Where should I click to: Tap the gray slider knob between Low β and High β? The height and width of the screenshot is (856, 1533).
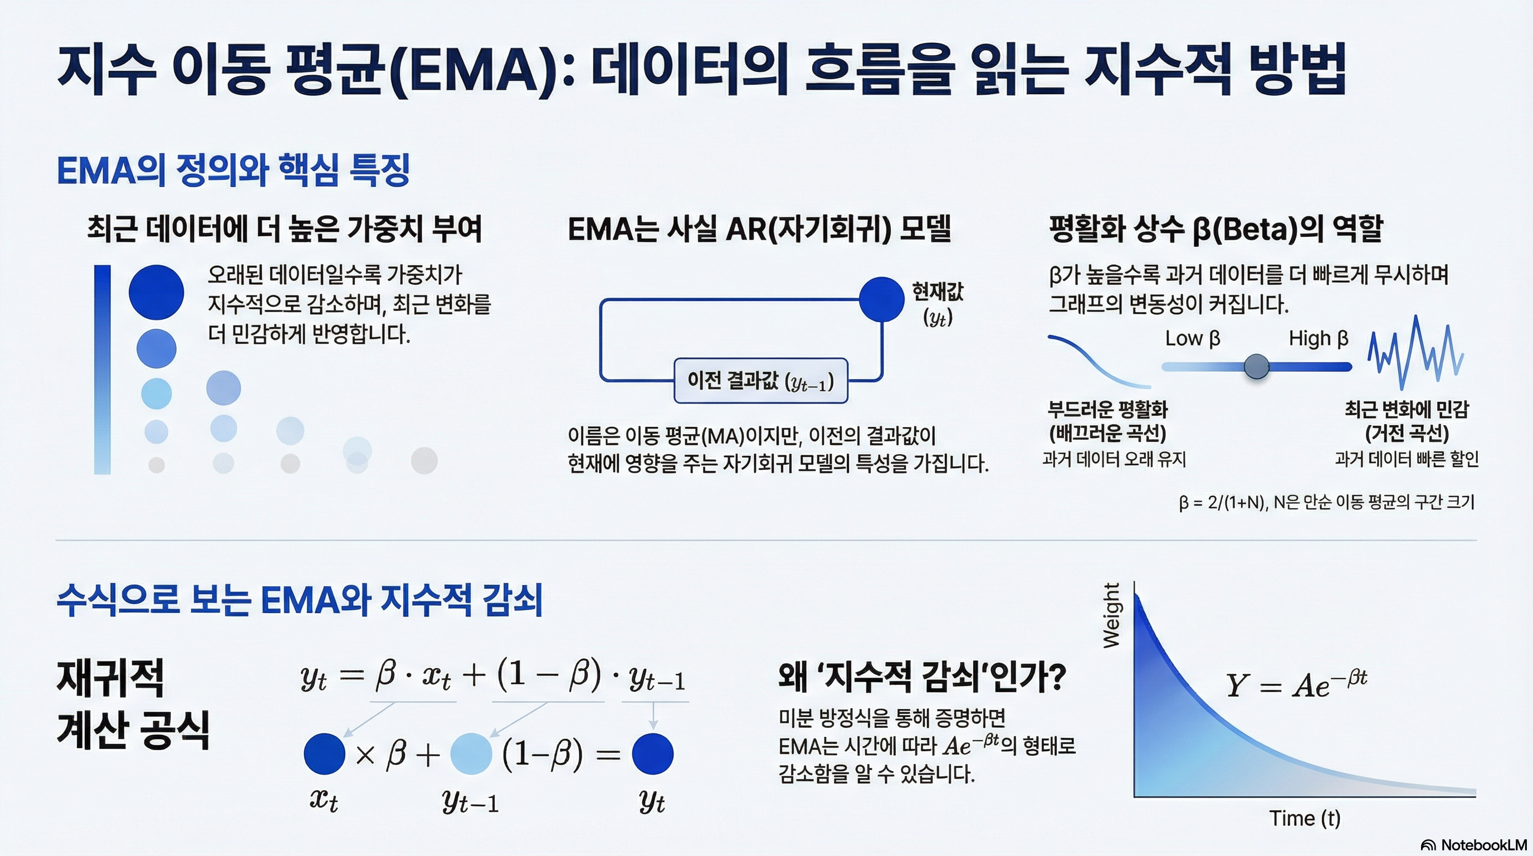(x=1256, y=366)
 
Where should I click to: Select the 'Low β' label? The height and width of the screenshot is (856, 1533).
(x=1193, y=338)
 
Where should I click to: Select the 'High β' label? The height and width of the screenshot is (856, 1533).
(x=1318, y=338)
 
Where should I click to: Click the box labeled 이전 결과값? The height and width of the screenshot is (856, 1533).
(x=760, y=381)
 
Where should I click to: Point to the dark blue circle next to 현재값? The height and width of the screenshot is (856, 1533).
(x=881, y=299)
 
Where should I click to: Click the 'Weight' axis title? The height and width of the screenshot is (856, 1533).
(x=1111, y=615)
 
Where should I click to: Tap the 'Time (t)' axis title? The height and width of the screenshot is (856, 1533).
(x=1305, y=818)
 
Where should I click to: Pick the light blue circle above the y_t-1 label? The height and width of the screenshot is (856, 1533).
(x=471, y=753)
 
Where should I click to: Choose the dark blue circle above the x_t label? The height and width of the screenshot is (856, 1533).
(x=324, y=753)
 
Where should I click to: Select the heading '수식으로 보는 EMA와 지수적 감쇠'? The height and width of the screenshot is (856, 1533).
(x=299, y=600)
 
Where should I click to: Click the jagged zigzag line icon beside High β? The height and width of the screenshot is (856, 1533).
(x=1415, y=352)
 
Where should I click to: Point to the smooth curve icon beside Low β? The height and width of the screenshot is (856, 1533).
(x=1099, y=361)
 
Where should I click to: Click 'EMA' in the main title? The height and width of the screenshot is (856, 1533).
(x=476, y=69)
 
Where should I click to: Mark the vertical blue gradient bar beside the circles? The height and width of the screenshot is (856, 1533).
(x=102, y=369)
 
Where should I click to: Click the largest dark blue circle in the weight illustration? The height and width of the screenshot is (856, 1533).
(x=157, y=292)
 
